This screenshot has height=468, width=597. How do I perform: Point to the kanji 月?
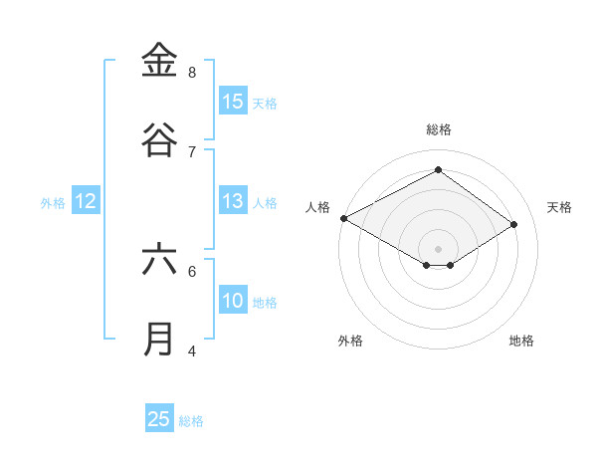click(159, 339)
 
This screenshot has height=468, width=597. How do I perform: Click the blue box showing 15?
click(233, 102)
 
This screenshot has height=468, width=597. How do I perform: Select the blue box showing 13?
click(233, 201)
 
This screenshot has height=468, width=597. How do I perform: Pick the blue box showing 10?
click(233, 301)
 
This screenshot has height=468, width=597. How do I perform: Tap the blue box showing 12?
click(86, 201)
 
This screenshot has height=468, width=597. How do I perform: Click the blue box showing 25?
click(159, 419)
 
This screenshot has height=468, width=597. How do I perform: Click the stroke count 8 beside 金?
click(192, 72)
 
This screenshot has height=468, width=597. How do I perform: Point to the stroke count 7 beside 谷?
click(192, 151)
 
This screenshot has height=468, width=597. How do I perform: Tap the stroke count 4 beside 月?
click(192, 351)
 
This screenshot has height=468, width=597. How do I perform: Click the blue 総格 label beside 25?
click(191, 421)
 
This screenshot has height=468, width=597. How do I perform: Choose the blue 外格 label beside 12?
click(53, 203)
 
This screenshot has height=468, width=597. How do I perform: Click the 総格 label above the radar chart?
click(439, 129)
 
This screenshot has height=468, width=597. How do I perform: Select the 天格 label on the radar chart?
click(560, 207)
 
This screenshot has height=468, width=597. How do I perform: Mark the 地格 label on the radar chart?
click(521, 341)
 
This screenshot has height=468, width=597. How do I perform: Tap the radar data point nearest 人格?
click(343, 217)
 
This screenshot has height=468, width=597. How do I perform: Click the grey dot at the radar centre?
click(439, 248)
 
